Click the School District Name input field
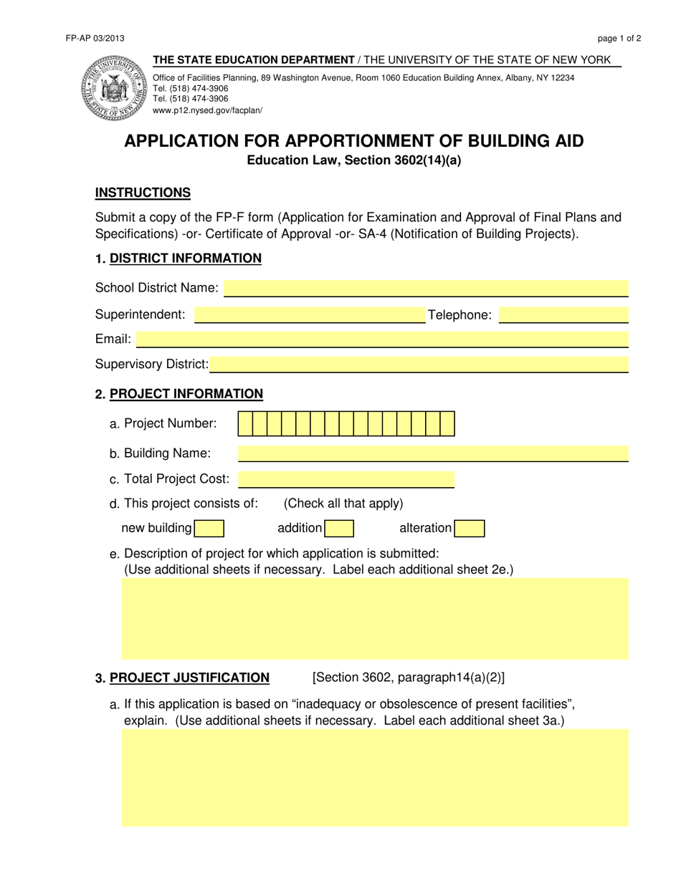click(426, 288)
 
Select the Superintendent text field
click(310, 315)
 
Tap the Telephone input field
click(563, 315)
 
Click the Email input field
click(382, 340)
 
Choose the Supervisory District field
click(419, 365)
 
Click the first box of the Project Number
click(245, 424)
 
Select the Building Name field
click(433, 453)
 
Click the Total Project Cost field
click(346, 479)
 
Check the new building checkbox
click(209, 529)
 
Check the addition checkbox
click(339, 529)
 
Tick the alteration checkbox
click(470, 529)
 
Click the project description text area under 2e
click(375, 619)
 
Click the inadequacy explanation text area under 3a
click(375, 778)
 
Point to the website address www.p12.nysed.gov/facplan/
click(208, 110)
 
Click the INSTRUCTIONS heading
click(143, 193)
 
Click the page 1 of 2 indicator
click(619, 39)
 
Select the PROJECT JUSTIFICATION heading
click(189, 678)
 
